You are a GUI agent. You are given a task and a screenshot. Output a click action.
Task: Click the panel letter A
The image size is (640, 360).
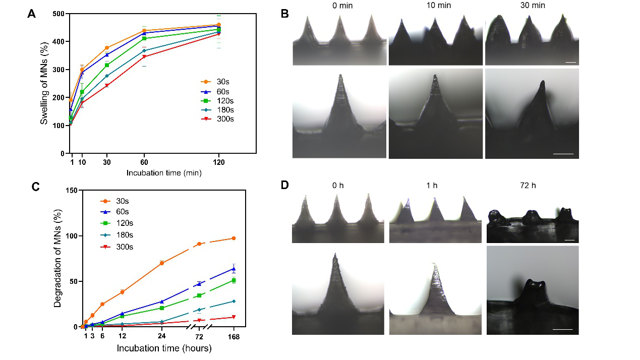[31, 15]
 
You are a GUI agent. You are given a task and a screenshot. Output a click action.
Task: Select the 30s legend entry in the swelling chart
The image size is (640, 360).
[218, 81]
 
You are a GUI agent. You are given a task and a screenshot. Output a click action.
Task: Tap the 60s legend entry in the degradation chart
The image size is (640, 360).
[121, 212]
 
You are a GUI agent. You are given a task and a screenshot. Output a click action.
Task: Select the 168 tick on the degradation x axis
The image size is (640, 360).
[234, 336]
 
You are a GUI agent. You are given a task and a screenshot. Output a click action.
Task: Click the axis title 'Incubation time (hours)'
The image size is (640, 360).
[164, 348]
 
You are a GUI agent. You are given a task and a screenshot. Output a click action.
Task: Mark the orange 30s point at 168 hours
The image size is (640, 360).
[234, 238]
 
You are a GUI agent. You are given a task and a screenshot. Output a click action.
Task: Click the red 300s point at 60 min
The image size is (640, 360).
[144, 56]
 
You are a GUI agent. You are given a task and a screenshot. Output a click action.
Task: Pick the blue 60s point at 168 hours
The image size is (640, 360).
[234, 269]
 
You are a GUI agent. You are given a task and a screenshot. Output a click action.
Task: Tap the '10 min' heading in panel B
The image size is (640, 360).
[436, 6]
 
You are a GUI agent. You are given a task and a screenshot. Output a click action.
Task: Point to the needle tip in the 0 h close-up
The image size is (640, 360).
[335, 254]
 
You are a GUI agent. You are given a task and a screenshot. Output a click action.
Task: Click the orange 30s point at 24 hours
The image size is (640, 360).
[161, 263]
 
